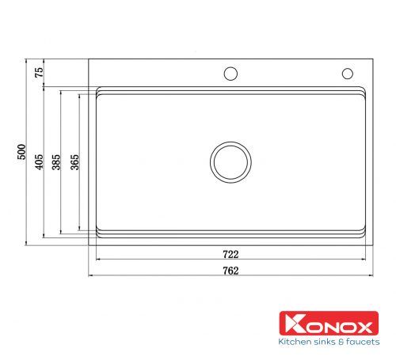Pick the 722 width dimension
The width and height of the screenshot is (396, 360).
(x=230, y=255)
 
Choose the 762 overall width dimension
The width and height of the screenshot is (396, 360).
(x=230, y=271)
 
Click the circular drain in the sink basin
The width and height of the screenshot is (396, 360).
(x=230, y=161)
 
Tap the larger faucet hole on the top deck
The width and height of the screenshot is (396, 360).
(x=230, y=74)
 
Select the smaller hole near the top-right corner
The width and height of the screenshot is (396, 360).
(x=347, y=74)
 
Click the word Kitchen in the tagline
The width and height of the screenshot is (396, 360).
(x=293, y=342)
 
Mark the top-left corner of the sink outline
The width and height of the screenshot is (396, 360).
(x=88, y=59)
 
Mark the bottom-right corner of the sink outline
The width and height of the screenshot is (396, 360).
(x=373, y=243)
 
